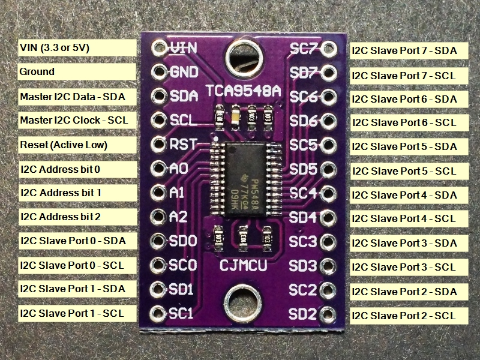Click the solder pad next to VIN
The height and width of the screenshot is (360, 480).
point(159,47)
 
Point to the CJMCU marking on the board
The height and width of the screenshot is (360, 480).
point(243,265)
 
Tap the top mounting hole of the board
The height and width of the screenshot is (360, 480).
point(243,58)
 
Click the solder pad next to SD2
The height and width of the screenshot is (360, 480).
point(328,313)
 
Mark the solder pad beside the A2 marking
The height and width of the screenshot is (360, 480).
point(158,217)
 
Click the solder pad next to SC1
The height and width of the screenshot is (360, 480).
point(158,313)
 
